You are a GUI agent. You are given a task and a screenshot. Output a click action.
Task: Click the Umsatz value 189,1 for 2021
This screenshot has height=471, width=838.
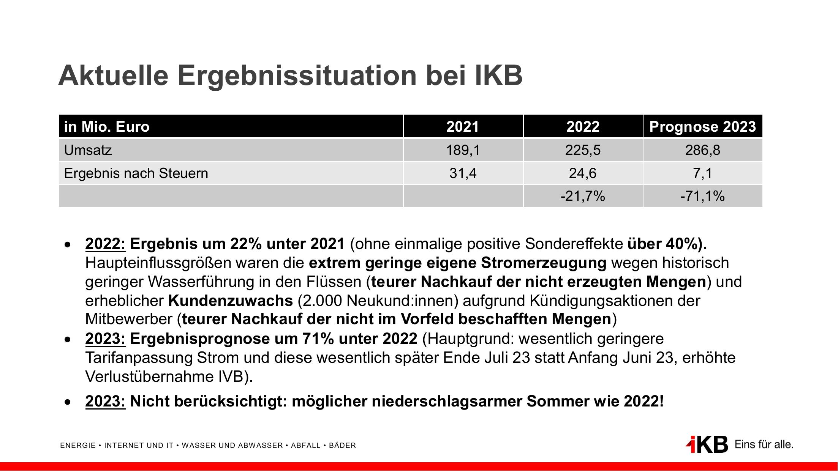click(x=463, y=150)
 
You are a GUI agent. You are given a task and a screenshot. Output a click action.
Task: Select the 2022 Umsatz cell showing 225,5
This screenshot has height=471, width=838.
click(x=583, y=150)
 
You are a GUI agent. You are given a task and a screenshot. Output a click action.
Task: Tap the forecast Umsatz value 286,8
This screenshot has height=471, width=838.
click(x=702, y=150)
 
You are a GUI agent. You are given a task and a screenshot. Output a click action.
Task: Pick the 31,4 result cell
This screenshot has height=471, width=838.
click(x=463, y=173)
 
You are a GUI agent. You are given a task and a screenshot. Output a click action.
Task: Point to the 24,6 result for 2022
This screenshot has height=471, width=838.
click(x=583, y=173)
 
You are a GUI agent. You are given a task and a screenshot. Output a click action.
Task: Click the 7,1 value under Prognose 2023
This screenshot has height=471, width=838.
click(x=702, y=173)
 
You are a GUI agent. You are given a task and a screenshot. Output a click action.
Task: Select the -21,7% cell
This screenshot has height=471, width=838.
click(x=583, y=196)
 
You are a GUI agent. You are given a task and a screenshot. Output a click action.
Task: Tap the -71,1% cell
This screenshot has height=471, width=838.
click(x=702, y=196)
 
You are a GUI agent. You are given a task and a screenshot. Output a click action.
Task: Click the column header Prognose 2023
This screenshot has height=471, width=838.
click(x=702, y=126)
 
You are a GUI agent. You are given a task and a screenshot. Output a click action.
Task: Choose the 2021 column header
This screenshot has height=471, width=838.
click(x=463, y=126)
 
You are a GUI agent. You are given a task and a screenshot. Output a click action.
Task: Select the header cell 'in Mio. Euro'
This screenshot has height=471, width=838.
click(x=107, y=126)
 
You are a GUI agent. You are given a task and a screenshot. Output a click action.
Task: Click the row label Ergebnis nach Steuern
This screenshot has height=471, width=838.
click(x=136, y=173)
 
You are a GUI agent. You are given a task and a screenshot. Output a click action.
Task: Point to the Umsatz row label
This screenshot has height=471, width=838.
click(x=88, y=150)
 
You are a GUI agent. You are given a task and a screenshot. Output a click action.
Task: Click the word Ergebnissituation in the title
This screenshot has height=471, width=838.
click(x=297, y=75)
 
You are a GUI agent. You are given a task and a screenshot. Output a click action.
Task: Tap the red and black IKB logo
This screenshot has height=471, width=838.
click(x=707, y=444)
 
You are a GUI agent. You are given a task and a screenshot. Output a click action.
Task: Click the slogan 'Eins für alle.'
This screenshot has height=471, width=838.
click(x=764, y=444)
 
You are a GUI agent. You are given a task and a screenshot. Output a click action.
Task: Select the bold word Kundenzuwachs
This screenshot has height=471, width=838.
click(x=231, y=301)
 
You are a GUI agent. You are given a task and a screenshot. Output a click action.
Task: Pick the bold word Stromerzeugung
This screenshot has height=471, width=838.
click(x=544, y=263)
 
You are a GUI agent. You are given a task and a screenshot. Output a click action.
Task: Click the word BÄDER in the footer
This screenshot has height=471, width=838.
click(x=342, y=446)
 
